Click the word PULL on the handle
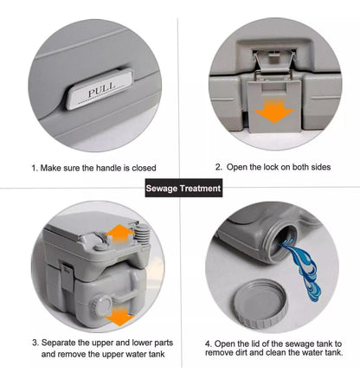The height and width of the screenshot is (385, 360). coord(101,90)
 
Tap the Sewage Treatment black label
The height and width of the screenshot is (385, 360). coord(183,188)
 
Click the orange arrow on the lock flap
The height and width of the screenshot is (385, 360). coord(274,111)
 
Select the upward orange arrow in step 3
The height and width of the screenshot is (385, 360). coord(119,234)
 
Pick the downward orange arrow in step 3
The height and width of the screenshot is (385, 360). coord(119,316)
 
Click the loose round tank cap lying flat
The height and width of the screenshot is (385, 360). coord(260,303)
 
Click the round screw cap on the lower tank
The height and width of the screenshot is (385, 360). coord(100,305)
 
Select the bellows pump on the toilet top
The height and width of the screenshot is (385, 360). coord(142,234)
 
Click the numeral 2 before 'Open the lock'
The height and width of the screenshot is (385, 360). coord(218,167)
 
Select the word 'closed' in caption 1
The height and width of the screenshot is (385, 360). coord(144,168)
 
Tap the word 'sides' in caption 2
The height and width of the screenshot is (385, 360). coord(321,167)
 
